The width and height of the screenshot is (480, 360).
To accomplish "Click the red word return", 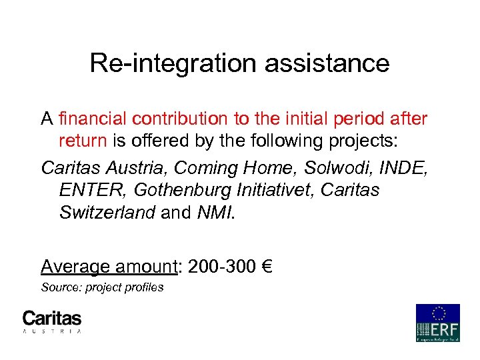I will (x=82, y=141).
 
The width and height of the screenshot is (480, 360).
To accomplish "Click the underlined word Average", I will (x=75, y=267).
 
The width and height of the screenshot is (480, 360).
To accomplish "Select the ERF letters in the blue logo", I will (x=445, y=329).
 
